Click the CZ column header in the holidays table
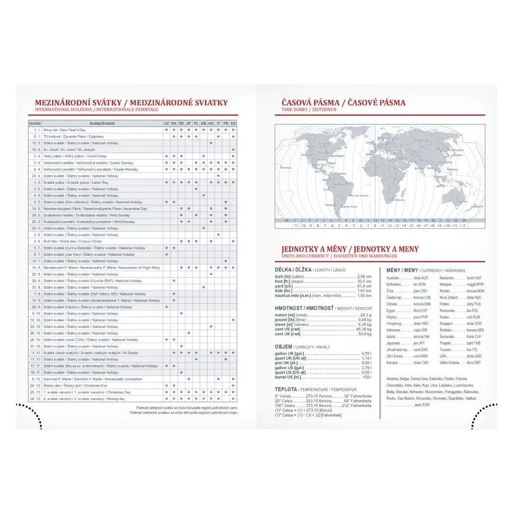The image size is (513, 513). point(166,124)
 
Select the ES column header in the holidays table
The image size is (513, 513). point(233,124)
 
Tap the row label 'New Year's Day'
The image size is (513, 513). point(64,130)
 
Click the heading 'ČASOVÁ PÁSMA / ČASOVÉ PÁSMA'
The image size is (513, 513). point(343,102)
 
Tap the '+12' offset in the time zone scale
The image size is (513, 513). point(463,225)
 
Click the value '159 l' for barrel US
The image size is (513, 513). point(367,377)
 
